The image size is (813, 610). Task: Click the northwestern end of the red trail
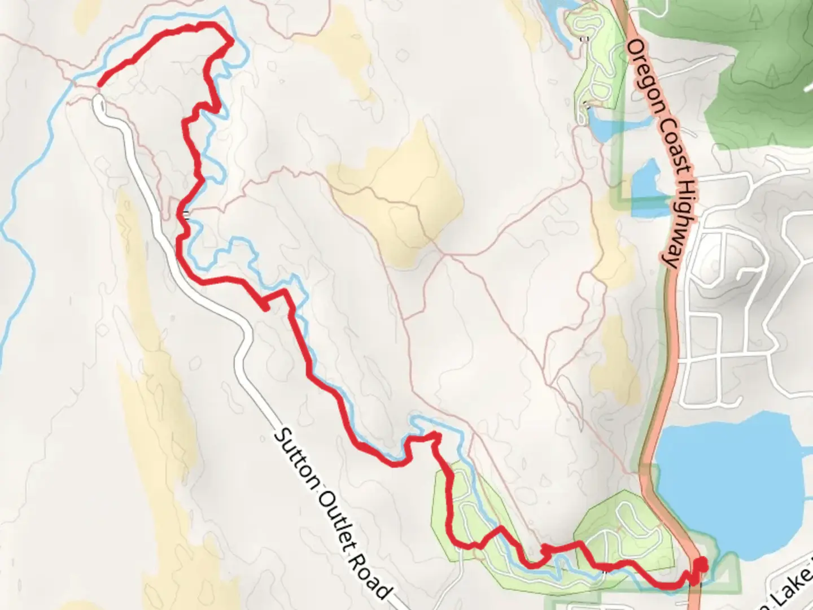coord(100,85)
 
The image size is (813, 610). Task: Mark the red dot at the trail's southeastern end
coord(701,564)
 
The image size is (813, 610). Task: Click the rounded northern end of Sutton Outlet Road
coord(98,102)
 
